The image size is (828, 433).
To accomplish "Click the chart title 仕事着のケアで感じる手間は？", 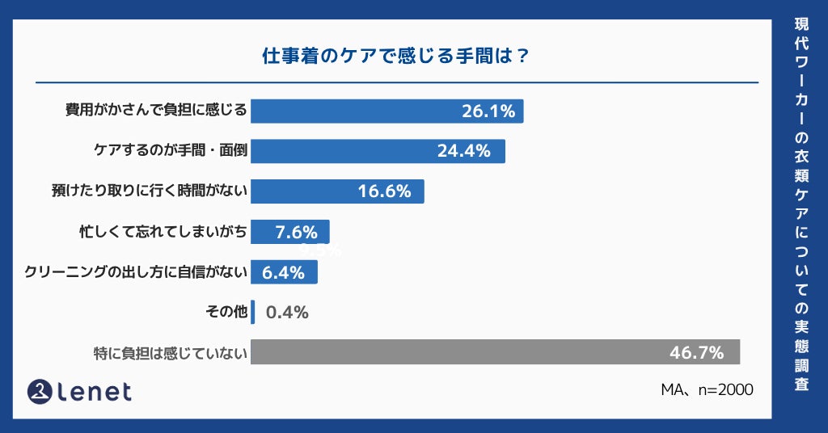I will pyautogui.click(x=396, y=57).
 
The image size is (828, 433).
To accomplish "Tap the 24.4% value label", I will pyautogui.click(x=463, y=151).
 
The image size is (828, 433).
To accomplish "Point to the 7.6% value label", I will pyautogui.click(x=296, y=232).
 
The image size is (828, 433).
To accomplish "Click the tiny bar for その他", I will pyautogui.click(x=253, y=312).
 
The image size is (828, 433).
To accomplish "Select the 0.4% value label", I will pyautogui.click(x=287, y=312).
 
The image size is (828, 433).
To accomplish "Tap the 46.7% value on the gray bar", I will pyautogui.click(x=696, y=352).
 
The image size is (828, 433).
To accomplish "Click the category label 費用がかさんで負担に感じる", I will pyautogui.click(x=155, y=111).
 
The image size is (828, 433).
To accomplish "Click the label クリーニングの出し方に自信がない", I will pyautogui.click(x=135, y=272).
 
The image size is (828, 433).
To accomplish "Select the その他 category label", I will pyautogui.click(x=226, y=312).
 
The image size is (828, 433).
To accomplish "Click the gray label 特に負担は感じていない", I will pyautogui.click(x=170, y=352).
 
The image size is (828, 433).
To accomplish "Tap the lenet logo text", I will pyautogui.click(x=95, y=392).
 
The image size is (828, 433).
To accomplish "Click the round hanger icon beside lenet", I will pyautogui.click(x=40, y=392).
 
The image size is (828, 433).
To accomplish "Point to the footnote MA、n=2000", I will pyautogui.click(x=707, y=389).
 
